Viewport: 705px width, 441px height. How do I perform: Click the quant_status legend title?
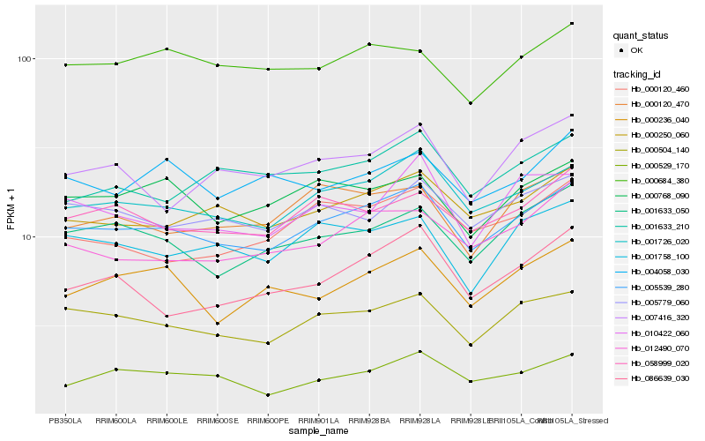pos(641,35)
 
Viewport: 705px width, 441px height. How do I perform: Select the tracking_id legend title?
pos(639,73)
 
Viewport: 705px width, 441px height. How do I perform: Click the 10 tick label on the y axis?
pos(26,237)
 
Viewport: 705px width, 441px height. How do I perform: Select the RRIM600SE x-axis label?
pos(217,421)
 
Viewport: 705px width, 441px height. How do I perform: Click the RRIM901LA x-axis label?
pos(318,421)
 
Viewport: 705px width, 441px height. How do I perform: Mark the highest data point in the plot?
pos(572,24)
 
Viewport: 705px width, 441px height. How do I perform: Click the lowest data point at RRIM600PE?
pos(268,395)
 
